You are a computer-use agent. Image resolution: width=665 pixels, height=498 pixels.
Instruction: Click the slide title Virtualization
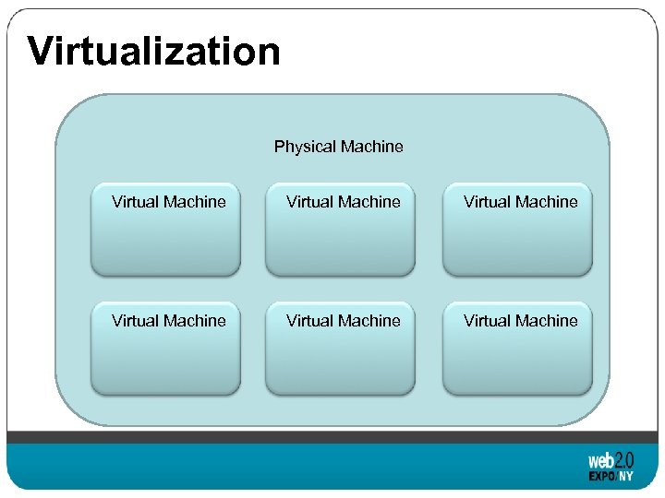[153, 51]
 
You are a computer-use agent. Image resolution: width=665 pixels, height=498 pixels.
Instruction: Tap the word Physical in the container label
[305, 147]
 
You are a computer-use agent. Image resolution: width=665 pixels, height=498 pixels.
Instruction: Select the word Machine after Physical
[371, 147]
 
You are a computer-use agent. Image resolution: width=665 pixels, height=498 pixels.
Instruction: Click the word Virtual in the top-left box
[136, 202]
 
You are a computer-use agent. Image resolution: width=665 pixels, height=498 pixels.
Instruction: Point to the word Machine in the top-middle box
[369, 202]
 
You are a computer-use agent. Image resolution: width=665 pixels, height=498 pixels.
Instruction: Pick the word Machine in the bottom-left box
[195, 321]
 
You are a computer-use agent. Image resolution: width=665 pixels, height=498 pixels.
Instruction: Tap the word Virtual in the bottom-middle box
[310, 321]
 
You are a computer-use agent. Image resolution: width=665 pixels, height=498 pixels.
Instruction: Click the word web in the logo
[600, 460]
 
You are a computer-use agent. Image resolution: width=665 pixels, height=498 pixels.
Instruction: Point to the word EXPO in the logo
[603, 477]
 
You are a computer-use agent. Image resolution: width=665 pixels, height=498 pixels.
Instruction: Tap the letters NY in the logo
[627, 477]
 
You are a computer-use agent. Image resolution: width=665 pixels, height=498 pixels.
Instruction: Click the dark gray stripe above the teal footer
[332, 437]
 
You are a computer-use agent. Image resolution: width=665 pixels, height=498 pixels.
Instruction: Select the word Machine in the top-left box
[195, 202]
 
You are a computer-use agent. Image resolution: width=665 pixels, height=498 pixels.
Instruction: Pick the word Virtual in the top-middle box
[310, 202]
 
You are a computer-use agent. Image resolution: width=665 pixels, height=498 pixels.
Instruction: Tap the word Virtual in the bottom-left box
[136, 321]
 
